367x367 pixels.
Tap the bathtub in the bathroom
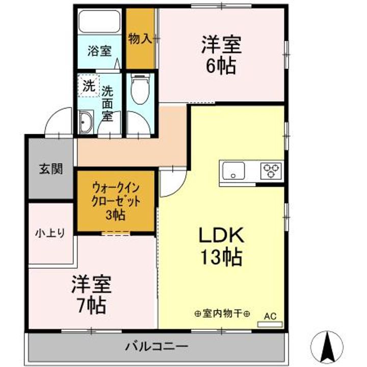(x=99, y=22)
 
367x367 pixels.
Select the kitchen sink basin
(x=232, y=170)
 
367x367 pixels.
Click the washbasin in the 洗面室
(x=85, y=122)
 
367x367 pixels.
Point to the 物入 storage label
(x=140, y=38)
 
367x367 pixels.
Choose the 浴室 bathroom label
(x=98, y=51)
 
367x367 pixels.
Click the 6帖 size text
(x=221, y=66)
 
